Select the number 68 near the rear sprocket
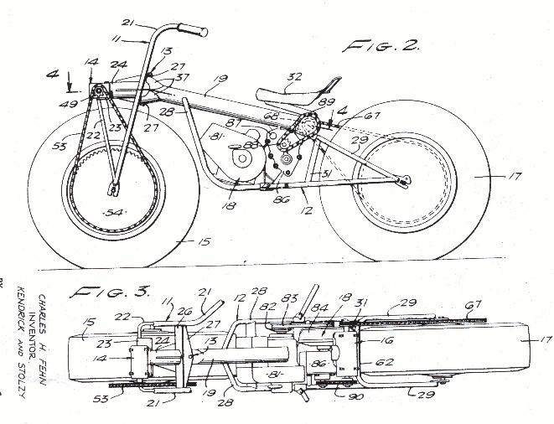tap(272, 116)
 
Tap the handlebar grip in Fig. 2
tap(193, 31)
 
